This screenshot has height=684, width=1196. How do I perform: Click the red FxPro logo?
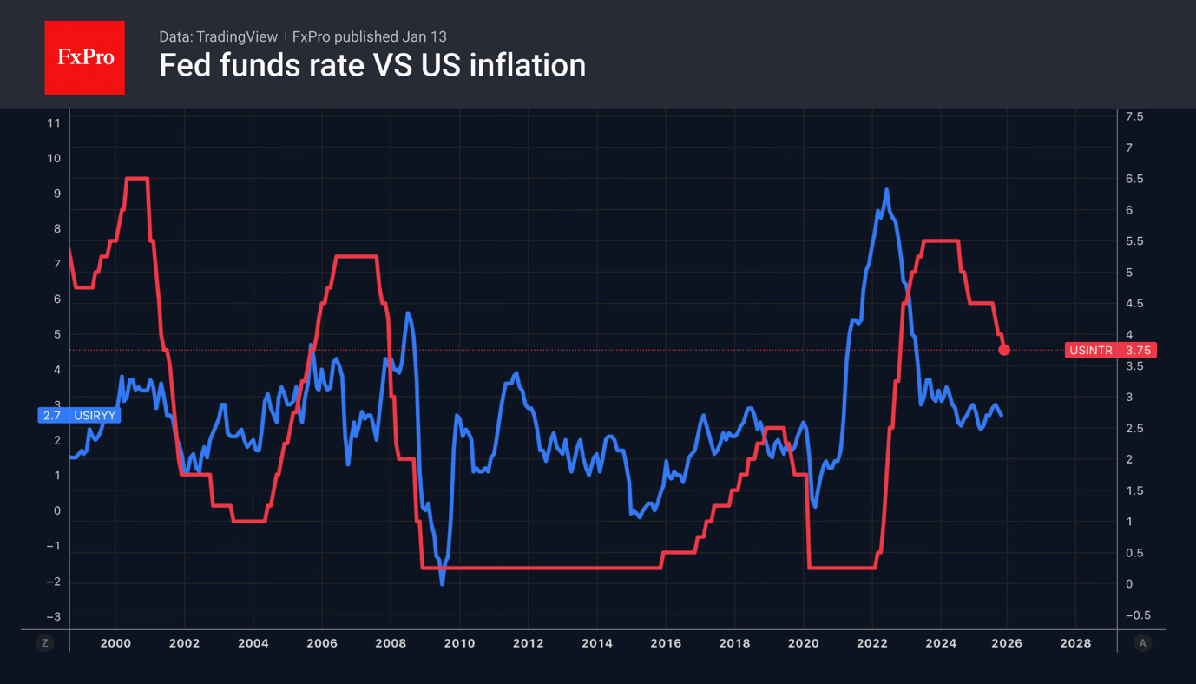84,58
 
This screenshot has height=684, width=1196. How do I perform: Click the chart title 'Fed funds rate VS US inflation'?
372,65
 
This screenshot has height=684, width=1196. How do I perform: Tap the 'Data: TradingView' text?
218,36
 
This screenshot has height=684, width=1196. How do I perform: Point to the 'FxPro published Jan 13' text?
370,36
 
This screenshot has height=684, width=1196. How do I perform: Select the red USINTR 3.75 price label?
1110,351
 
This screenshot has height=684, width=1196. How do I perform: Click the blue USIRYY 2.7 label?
79,416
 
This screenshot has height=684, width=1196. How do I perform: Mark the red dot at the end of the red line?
1004,350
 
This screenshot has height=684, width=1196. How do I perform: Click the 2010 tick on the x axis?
459,643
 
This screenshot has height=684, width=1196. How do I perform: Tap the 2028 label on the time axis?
1075,643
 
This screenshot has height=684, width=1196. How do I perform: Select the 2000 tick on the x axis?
115,643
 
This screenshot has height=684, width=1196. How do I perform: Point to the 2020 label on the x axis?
803,643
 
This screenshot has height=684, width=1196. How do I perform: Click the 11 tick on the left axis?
54,123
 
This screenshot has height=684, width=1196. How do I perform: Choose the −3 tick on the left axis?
53,617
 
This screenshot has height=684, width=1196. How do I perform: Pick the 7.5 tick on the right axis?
1134,116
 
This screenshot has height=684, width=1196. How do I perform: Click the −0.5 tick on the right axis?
1137,615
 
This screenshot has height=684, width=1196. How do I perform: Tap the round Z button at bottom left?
45,643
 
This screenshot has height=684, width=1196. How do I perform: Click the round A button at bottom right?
1142,643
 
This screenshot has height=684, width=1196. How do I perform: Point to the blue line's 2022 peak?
886,190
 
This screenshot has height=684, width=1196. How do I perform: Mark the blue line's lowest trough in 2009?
442,583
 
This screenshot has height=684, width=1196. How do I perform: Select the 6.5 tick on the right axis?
1134,179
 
